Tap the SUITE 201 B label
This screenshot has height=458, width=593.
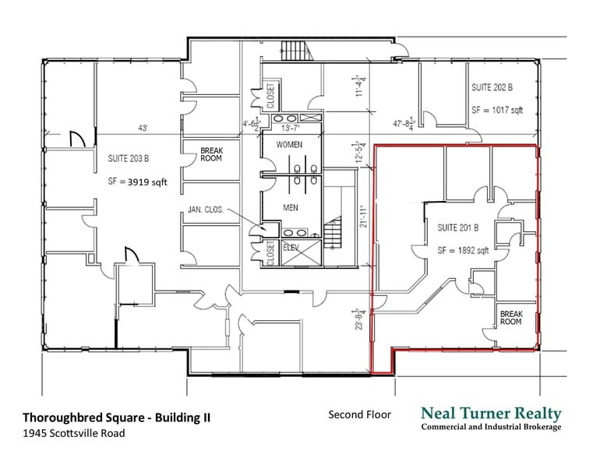point(457,227)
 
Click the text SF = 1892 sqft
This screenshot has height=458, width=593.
point(463,250)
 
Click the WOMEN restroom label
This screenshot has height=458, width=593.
point(288,145)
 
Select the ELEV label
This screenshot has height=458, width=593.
point(291,247)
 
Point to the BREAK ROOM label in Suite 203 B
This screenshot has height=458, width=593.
point(211,154)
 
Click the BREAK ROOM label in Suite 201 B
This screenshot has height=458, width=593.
point(510,317)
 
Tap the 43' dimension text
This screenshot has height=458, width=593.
point(143,128)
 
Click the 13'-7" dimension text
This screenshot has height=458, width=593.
point(290,128)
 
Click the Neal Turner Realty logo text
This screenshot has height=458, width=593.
point(490,414)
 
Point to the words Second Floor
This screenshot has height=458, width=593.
point(359,414)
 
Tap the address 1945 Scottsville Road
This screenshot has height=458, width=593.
point(72,433)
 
